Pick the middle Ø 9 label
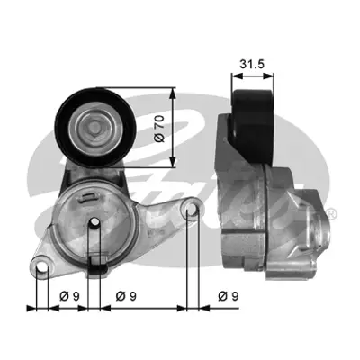[127, 295]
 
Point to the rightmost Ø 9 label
[229, 295]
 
